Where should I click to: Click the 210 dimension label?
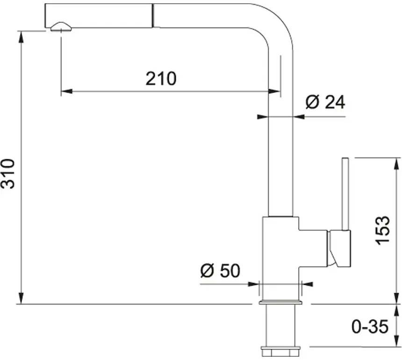(x=161, y=78)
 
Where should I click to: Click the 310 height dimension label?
(x=8, y=174)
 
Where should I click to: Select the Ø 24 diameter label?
(x=325, y=102)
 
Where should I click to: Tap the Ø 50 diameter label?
(x=220, y=271)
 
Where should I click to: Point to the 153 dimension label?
(x=383, y=229)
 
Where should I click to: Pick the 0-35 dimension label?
(x=370, y=326)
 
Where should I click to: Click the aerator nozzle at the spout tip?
(x=60, y=27)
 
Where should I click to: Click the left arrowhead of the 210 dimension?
(x=65, y=91)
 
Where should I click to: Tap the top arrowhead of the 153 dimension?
(x=397, y=162)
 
